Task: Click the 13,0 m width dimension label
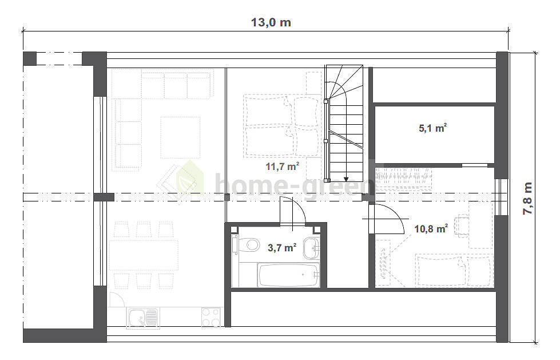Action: pos(271,22)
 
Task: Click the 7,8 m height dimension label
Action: pos(527,198)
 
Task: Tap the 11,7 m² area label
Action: pos(282,166)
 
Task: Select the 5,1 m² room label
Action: pos(433,128)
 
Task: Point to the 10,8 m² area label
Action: pos(431,228)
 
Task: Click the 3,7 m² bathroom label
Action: pos(282,247)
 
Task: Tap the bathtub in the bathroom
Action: pos(288,275)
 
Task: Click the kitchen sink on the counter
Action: pos(143,318)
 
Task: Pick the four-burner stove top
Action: pos(211,317)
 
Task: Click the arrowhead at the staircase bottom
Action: pos(345,180)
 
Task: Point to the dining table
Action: pos(143,255)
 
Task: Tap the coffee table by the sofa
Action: pos(180,137)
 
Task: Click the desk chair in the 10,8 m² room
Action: pos(462,226)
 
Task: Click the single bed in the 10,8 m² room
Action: pos(454,270)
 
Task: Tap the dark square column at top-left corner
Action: pos(30,58)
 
